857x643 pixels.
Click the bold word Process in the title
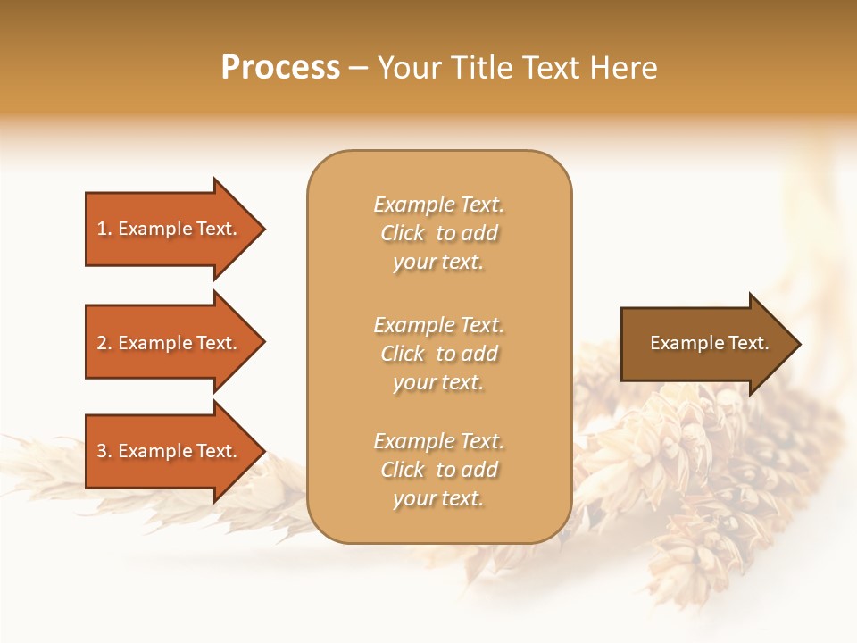280,68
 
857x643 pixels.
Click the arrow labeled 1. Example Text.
170,229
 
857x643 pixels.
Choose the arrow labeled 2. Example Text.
170,343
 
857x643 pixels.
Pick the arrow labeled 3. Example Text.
170,451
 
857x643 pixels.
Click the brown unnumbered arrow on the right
705,344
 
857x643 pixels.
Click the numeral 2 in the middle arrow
102,343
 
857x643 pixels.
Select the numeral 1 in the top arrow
102,229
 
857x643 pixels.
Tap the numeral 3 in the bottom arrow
102,451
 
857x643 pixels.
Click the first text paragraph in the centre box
438,233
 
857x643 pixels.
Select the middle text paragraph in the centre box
438,354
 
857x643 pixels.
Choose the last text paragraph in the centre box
438,470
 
